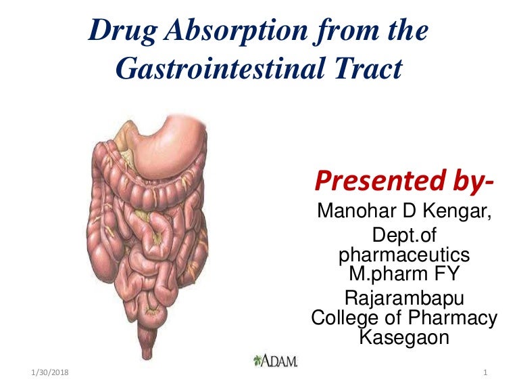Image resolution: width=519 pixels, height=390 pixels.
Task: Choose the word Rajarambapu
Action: (x=403, y=298)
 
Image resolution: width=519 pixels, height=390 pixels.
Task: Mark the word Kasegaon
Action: (x=403, y=336)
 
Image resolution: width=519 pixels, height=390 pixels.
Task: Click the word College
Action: (x=351, y=317)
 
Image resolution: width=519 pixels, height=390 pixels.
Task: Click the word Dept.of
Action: (x=403, y=237)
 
